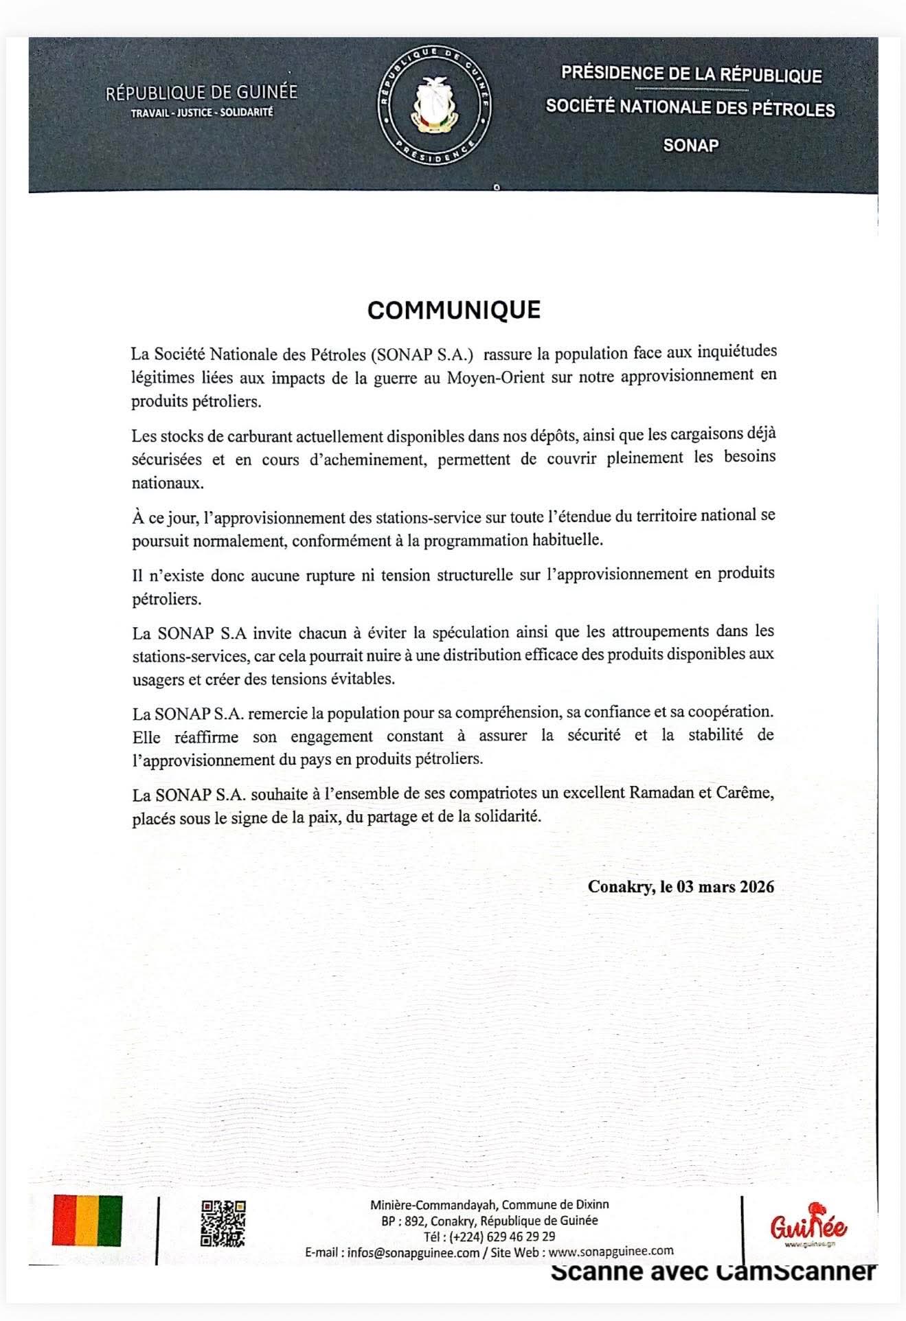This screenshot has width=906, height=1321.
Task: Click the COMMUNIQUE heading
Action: (453, 310)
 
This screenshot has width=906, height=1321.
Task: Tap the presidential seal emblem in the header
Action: (434, 106)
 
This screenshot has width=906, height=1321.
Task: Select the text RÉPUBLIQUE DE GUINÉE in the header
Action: (201, 93)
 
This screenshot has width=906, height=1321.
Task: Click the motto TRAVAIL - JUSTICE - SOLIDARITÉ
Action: (202, 112)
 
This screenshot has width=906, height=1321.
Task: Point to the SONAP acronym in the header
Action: (690, 145)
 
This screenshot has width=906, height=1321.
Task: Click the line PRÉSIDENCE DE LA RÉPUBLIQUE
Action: (691, 74)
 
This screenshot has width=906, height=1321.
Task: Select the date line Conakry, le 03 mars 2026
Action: (681, 886)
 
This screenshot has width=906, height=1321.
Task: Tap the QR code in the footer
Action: (223, 1223)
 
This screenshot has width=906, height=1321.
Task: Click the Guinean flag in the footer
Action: (87, 1221)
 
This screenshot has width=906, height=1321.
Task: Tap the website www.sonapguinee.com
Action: (611, 1251)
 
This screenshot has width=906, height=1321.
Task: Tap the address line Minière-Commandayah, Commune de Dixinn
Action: (489, 1204)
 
